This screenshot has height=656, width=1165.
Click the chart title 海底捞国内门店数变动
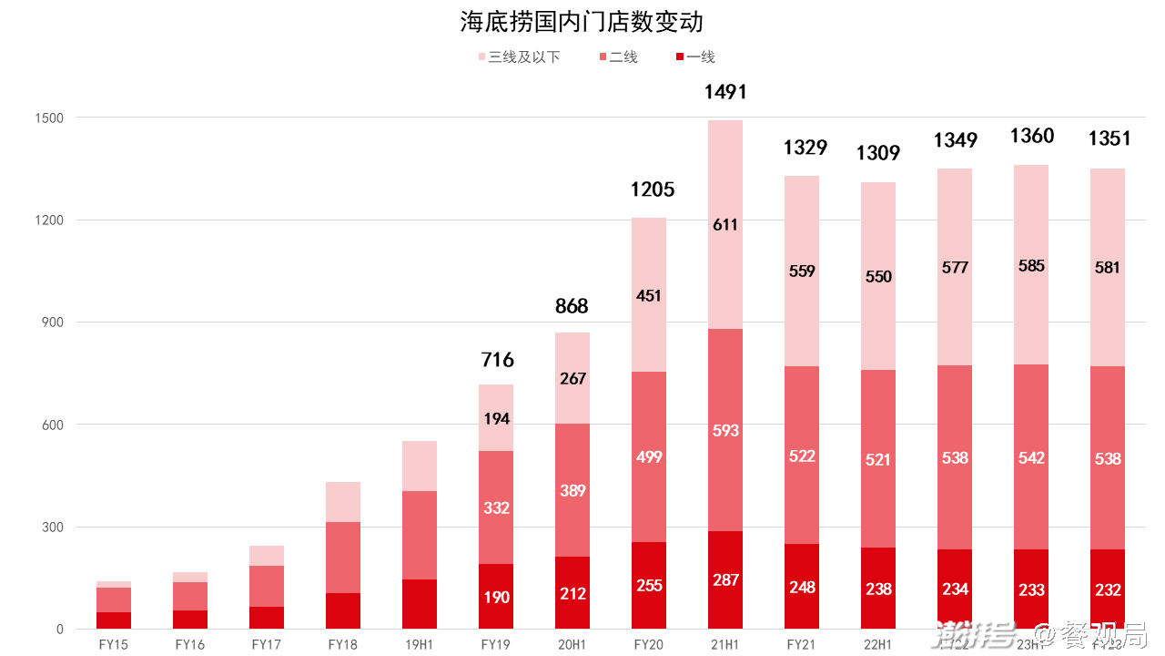582,22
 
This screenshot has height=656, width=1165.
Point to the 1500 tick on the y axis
48,118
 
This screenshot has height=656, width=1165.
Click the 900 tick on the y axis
52,323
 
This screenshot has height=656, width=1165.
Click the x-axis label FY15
114,644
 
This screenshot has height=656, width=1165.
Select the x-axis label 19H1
419,644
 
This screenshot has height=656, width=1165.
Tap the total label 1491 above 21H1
725,92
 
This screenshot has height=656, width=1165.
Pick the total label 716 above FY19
497,360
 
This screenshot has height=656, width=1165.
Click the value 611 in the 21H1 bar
725,225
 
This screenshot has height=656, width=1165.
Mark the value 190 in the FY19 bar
497,598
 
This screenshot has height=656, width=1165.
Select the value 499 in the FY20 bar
649,457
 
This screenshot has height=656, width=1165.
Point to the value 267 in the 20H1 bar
572,378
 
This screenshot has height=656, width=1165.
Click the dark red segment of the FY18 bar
343,610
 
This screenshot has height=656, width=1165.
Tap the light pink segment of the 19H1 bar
420,466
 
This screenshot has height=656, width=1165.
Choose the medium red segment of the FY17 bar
267,586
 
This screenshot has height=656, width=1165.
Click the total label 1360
1032,137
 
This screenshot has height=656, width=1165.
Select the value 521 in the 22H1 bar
878,459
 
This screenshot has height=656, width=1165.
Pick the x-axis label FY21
801,644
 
